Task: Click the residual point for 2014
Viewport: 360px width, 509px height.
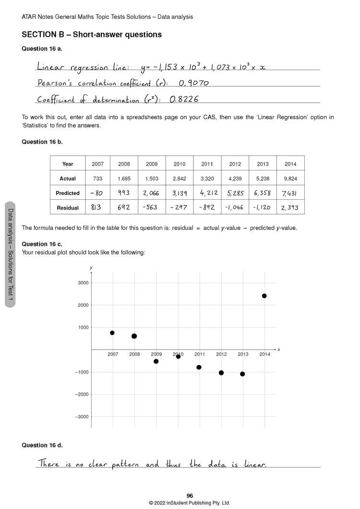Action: (264, 296)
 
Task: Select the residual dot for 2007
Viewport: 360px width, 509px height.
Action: (112, 333)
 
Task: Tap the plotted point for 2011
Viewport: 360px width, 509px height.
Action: (199, 367)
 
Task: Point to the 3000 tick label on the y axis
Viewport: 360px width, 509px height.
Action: (83, 283)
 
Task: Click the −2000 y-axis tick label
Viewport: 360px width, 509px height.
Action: (82, 394)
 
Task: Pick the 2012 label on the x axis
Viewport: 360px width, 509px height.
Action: (221, 354)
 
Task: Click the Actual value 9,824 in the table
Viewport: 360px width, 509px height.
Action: (290, 179)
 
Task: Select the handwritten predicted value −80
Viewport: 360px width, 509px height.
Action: (97, 193)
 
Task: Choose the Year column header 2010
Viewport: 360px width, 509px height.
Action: (179, 164)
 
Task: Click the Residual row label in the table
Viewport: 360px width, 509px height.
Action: (68, 208)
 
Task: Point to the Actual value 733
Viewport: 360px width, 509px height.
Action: (97, 179)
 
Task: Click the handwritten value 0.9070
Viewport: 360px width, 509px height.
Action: (193, 83)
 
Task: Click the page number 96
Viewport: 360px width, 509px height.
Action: (190, 496)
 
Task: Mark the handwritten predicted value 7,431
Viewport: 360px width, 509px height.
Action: (290, 193)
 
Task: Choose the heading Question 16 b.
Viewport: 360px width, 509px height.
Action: (42, 142)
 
